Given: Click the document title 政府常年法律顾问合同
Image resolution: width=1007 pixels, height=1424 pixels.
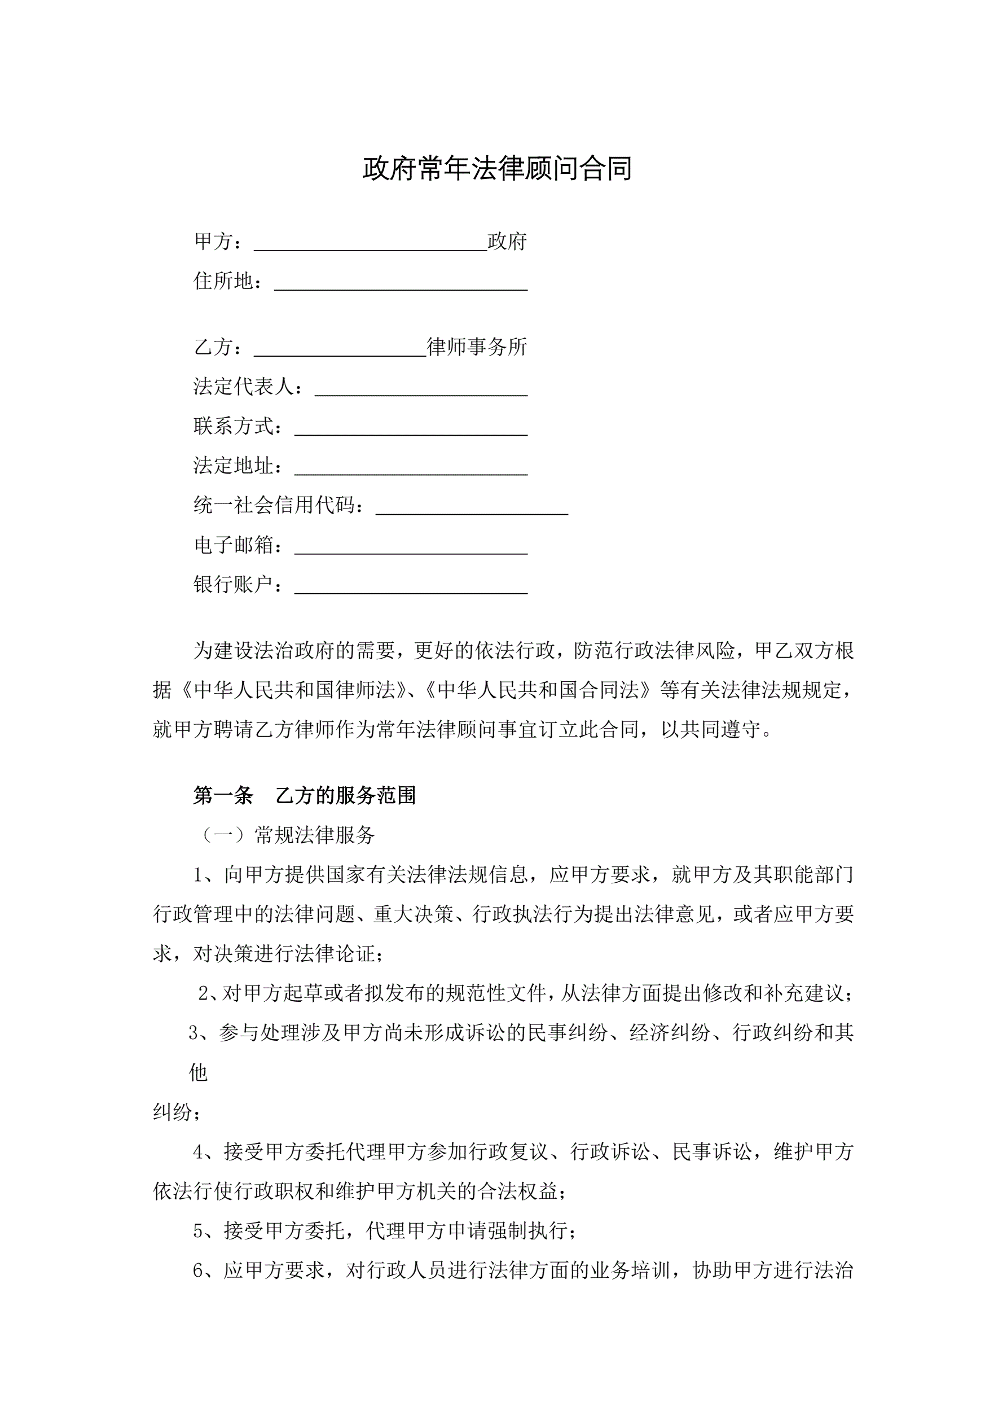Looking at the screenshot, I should click(498, 169).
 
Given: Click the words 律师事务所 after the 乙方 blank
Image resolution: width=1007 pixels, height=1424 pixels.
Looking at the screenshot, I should click(477, 347).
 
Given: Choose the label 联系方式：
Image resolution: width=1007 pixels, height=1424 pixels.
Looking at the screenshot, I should click(239, 426).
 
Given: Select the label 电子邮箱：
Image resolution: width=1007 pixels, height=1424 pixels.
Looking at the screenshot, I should click(239, 545).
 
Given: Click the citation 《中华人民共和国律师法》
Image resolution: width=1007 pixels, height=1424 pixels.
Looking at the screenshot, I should click(289, 690).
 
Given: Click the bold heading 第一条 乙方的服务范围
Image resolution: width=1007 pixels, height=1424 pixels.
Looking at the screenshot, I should click(304, 796).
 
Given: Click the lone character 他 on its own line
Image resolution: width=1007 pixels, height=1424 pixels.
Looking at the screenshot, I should click(199, 1072).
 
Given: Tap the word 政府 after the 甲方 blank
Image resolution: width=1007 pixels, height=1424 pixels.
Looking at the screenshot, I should click(507, 242).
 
